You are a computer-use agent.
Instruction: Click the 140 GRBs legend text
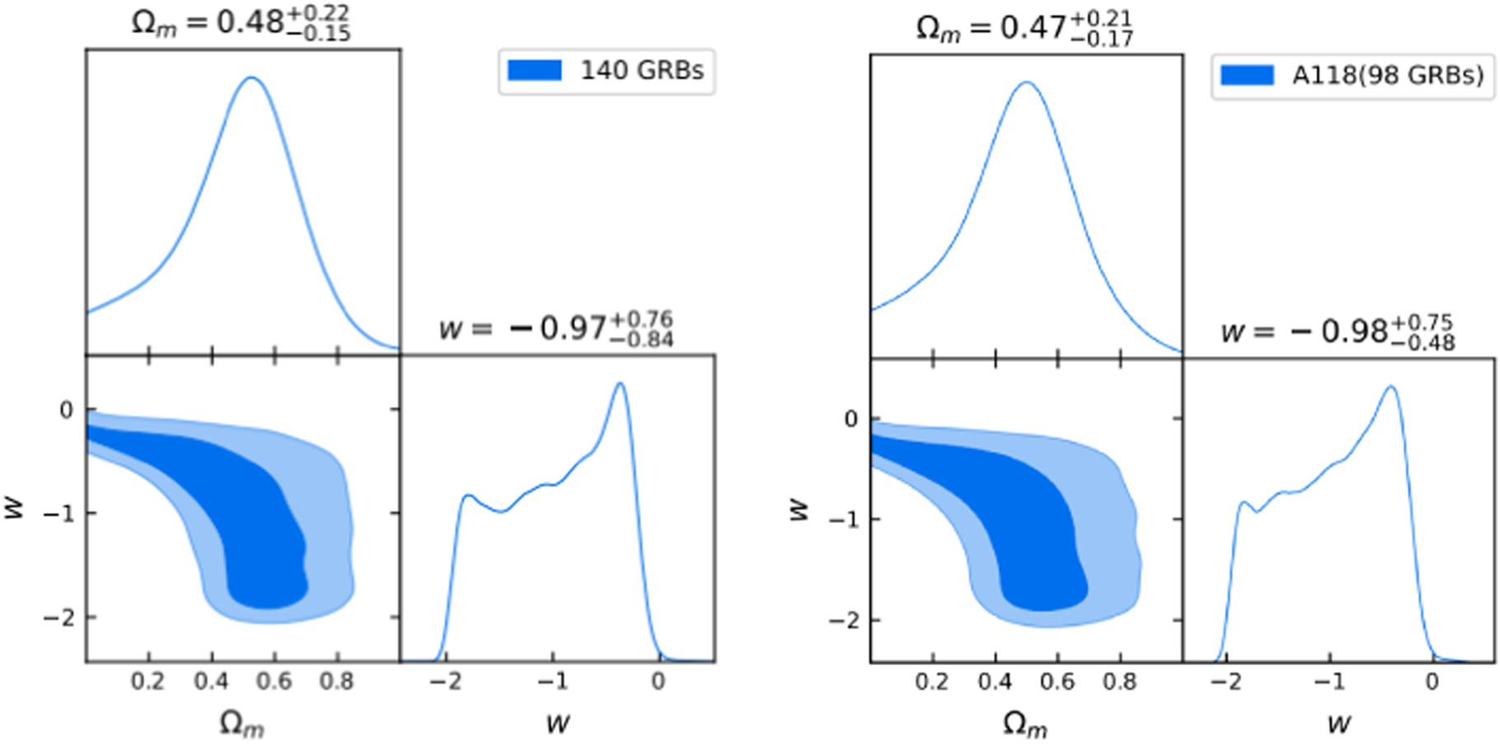[641, 71]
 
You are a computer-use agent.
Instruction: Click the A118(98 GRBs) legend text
[1387, 76]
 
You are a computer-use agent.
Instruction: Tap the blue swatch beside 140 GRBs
[534, 71]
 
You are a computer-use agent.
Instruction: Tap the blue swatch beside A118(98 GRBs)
[1247, 76]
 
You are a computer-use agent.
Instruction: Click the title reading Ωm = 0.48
[241, 22]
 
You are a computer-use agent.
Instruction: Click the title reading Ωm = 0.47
[1024, 27]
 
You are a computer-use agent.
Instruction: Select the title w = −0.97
[556, 328]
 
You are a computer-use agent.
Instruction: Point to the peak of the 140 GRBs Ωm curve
[251, 78]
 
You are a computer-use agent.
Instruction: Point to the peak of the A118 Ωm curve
[1026, 82]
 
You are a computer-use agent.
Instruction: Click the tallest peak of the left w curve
[620, 383]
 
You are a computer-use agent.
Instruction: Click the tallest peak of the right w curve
[1390, 386]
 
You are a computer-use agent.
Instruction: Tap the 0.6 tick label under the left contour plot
[274, 681]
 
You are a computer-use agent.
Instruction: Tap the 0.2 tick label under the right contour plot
[932, 682]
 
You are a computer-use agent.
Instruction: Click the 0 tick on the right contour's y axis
[851, 419]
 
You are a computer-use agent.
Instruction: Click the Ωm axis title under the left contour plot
[241, 723]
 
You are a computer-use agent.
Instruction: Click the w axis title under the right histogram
[1338, 723]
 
